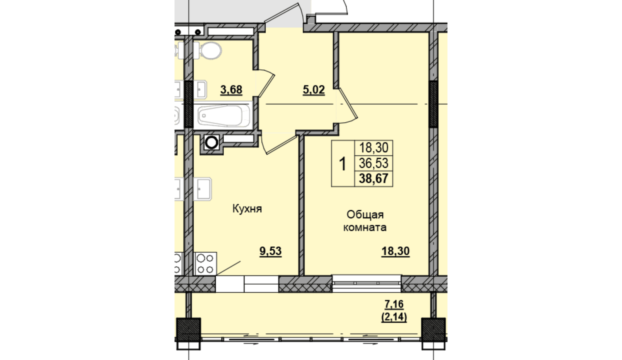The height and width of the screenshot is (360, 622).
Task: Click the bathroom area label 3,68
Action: coord(231,90)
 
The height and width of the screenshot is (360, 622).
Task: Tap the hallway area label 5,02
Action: coord(314,90)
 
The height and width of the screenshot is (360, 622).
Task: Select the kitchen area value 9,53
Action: coord(270,251)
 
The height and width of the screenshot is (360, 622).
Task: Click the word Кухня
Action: coord(247,208)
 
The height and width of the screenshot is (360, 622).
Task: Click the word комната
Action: coord(365,227)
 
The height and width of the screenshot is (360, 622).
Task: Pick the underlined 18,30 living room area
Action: coord(395,251)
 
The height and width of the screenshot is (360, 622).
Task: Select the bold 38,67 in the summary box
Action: coord(373,178)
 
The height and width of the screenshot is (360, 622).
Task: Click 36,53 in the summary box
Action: coord(373,163)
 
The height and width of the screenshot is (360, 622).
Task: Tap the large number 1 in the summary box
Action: coord(343,164)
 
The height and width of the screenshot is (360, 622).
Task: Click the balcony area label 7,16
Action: coord(394,304)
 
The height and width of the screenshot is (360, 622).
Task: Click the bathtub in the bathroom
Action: coord(223,116)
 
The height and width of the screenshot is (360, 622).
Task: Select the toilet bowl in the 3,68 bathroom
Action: coord(208,51)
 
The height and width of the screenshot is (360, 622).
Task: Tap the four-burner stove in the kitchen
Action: coord(206,263)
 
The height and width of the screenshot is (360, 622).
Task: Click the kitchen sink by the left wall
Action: coord(202,189)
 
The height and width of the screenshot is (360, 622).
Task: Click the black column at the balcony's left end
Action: coord(189,330)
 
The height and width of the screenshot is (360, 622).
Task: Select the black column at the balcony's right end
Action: coord(433,330)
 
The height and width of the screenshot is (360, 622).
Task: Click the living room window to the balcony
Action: coord(366,284)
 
